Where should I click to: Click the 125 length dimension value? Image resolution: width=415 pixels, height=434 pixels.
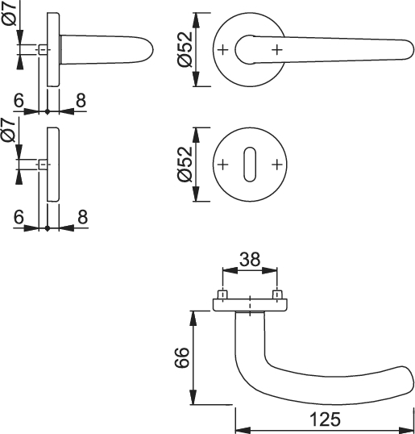(325, 419)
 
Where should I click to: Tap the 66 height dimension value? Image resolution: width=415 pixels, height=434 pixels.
(182, 357)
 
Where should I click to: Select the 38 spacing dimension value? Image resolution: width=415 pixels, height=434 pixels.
(250, 259)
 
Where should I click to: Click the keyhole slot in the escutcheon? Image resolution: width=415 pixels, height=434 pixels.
(250, 165)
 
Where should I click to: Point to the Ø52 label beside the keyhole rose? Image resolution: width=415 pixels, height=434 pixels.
(185, 165)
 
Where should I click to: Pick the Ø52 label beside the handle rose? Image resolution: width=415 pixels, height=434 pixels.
(185, 50)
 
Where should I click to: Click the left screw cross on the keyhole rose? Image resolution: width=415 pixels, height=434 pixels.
(223, 165)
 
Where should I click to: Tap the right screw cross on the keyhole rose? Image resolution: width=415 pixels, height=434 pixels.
(276, 165)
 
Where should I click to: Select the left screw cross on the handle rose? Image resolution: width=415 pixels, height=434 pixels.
(223, 50)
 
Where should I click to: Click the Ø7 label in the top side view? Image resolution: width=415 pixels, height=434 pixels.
(10, 13)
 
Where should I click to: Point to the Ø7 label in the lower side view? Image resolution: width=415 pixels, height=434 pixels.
(9, 130)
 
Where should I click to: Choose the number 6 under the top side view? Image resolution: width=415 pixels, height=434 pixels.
(19, 101)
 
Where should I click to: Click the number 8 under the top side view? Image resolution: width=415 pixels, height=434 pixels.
(81, 101)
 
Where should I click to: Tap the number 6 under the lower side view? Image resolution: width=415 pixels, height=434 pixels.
(19, 217)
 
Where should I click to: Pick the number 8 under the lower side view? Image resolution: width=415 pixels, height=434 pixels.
(82, 217)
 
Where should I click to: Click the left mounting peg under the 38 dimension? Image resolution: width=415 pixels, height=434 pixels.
(223, 294)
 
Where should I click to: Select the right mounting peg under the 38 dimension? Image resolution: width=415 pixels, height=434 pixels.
(277, 294)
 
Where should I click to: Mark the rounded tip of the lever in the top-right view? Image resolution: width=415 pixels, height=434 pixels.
(414, 49)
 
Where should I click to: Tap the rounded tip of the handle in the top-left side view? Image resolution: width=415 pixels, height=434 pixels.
(152, 50)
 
